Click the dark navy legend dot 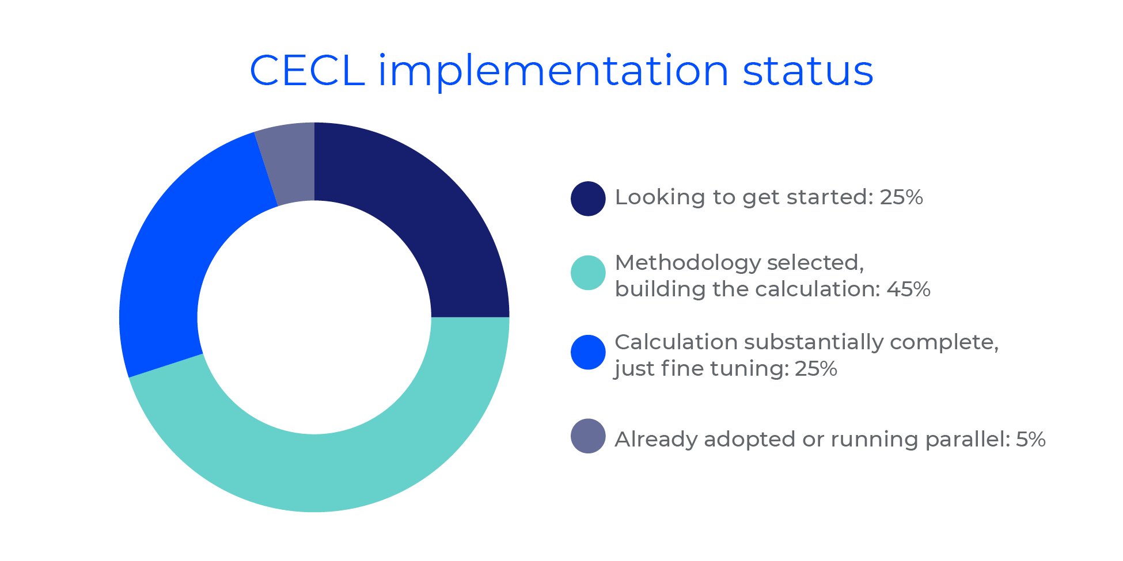click(x=588, y=199)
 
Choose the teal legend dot click(x=588, y=273)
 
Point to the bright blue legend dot click(x=588, y=352)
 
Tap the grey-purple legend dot click(x=588, y=436)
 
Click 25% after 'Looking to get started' click(x=901, y=197)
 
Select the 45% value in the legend click(x=909, y=289)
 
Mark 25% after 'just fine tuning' click(x=816, y=368)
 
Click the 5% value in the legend click(x=1031, y=440)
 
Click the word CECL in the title click(x=308, y=71)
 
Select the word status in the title click(x=808, y=71)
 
